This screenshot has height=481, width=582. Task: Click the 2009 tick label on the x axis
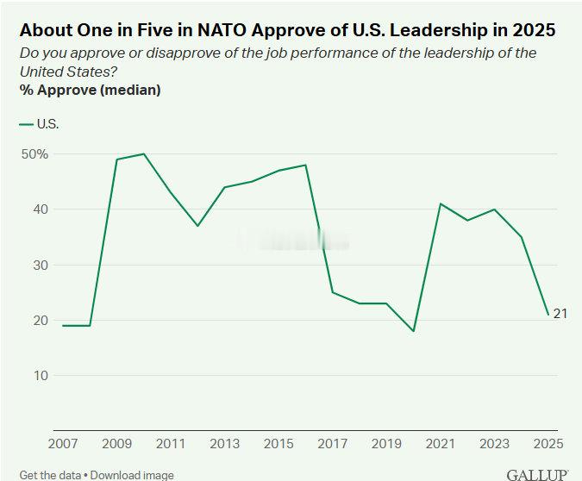pyautogui.click(x=116, y=444)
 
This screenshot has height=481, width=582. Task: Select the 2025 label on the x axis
pyautogui.click(x=548, y=444)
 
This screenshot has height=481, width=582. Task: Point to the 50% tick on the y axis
pyautogui.click(x=34, y=154)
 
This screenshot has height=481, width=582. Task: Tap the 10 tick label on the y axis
pyautogui.click(x=40, y=375)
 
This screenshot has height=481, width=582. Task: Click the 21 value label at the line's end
pyautogui.click(x=560, y=313)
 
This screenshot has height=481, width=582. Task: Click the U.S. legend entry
pyautogui.click(x=39, y=124)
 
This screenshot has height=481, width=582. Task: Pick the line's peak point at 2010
pyautogui.click(x=143, y=154)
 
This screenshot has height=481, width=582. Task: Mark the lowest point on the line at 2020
pyautogui.click(x=414, y=331)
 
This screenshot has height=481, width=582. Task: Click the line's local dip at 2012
pyautogui.click(x=197, y=226)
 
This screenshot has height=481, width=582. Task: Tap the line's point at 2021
pyautogui.click(x=441, y=203)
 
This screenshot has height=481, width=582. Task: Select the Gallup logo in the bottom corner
pyautogui.click(x=536, y=474)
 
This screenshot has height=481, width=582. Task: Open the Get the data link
pyautogui.click(x=52, y=475)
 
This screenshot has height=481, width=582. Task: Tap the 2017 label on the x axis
pyautogui.click(x=332, y=444)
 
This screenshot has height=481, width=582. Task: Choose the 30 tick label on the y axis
pyautogui.click(x=40, y=265)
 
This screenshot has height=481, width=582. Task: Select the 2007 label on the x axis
pyautogui.click(x=62, y=444)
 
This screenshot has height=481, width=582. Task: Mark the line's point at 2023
pyautogui.click(x=494, y=209)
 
